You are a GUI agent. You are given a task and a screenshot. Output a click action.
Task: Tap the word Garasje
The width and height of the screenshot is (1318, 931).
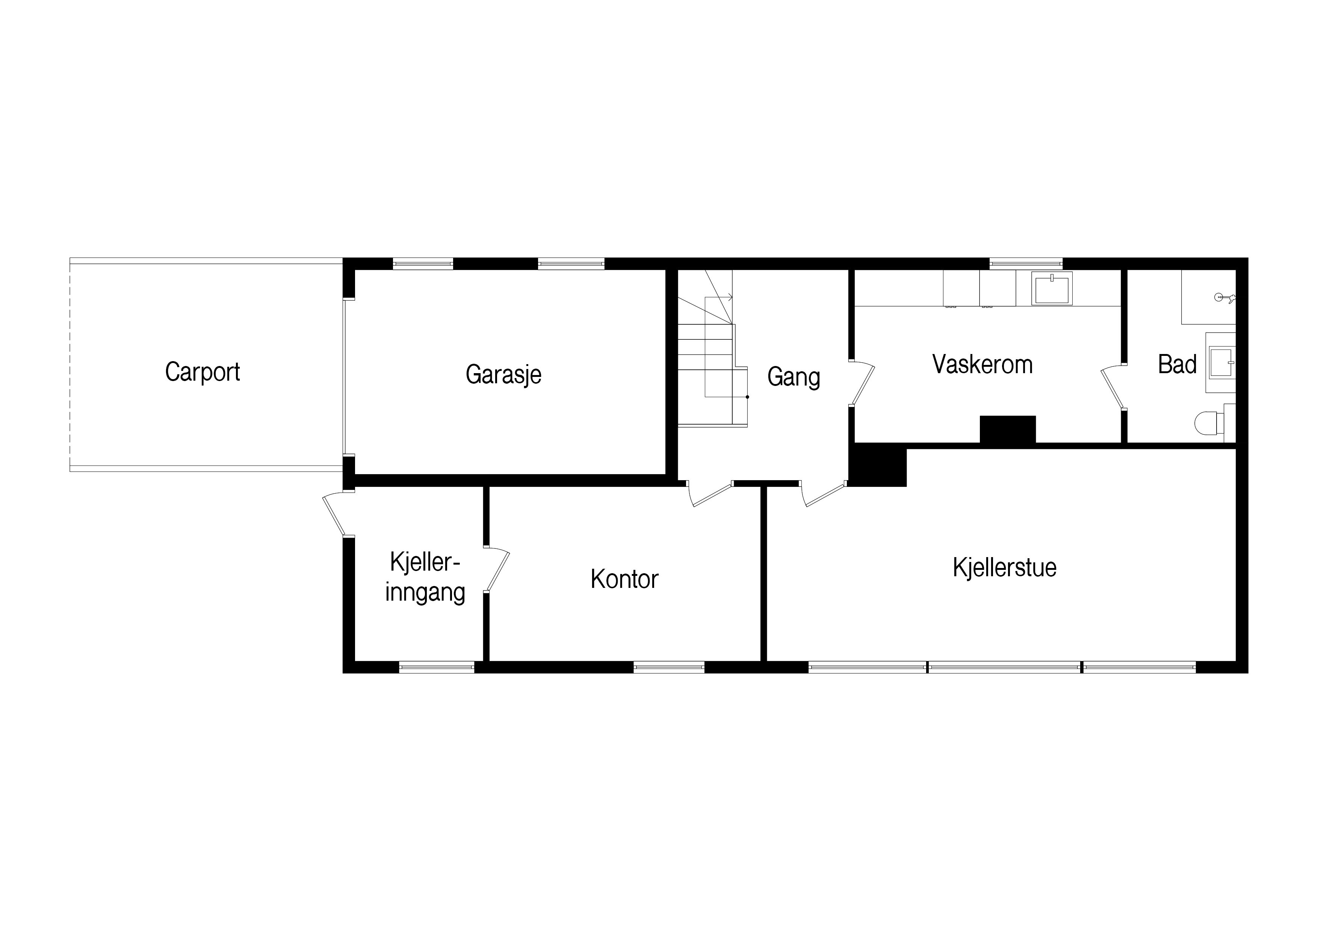pyautogui.click(x=503, y=375)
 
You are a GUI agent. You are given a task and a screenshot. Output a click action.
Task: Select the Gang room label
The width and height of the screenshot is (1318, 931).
pyautogui.click(x=794, y=377)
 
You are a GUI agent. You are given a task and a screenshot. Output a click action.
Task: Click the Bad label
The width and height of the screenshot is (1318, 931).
pyautogui.click(x=1177, y=364)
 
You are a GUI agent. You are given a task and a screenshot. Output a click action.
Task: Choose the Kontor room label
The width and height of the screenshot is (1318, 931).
pyautogui.click(x=624, y=579)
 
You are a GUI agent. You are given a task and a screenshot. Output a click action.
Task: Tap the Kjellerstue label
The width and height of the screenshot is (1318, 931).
pyautogui.click(x=1005, y=567)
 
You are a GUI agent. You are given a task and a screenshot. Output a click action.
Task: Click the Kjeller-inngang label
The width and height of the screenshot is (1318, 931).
pyautogui.click(x=425, y=577)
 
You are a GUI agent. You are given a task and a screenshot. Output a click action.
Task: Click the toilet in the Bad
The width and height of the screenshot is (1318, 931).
pyautogui.click(x=1208, y=424)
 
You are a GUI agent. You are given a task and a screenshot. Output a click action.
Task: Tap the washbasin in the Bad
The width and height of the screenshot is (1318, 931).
pyautogui.click(x=1221, y=363)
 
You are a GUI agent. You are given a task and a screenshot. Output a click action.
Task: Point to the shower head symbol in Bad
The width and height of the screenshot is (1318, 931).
pyautogui.click(x=1225, y=297)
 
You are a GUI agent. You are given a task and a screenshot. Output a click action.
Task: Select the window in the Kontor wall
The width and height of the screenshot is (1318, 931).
pyautogui.click(x=669, y=667)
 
